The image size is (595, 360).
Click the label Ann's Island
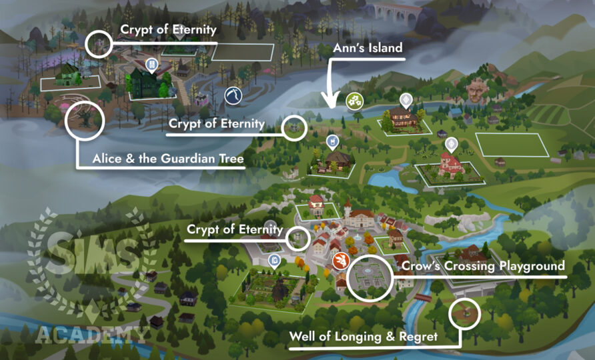(x=368, y=48)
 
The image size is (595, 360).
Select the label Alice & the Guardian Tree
(x=159, y=159)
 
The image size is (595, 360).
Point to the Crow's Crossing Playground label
(x=483, y=267)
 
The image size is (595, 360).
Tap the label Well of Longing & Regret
(x=363, y=337)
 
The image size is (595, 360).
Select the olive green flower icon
(x=354, y=101)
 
